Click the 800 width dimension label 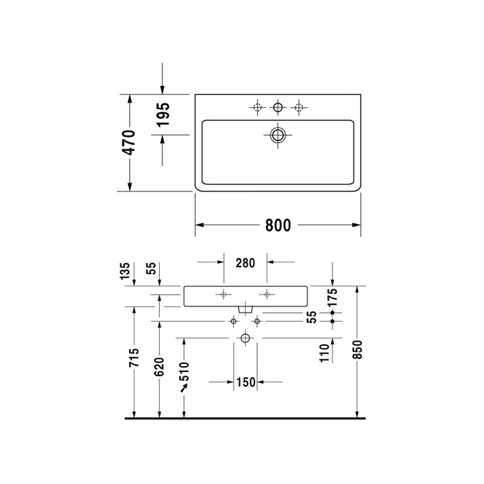(x=278, y=226)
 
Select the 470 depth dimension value (x=129, y=142)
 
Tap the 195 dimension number (x=163, y=115)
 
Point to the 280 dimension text (x=245, y=263)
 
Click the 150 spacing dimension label (x=246, y=382)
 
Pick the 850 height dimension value (x=357, y=349)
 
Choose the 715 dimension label (x=134, y=358)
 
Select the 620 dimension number (x=159, y=367)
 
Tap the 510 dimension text (x=184, y=372)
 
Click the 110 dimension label (x=324, y=353)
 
